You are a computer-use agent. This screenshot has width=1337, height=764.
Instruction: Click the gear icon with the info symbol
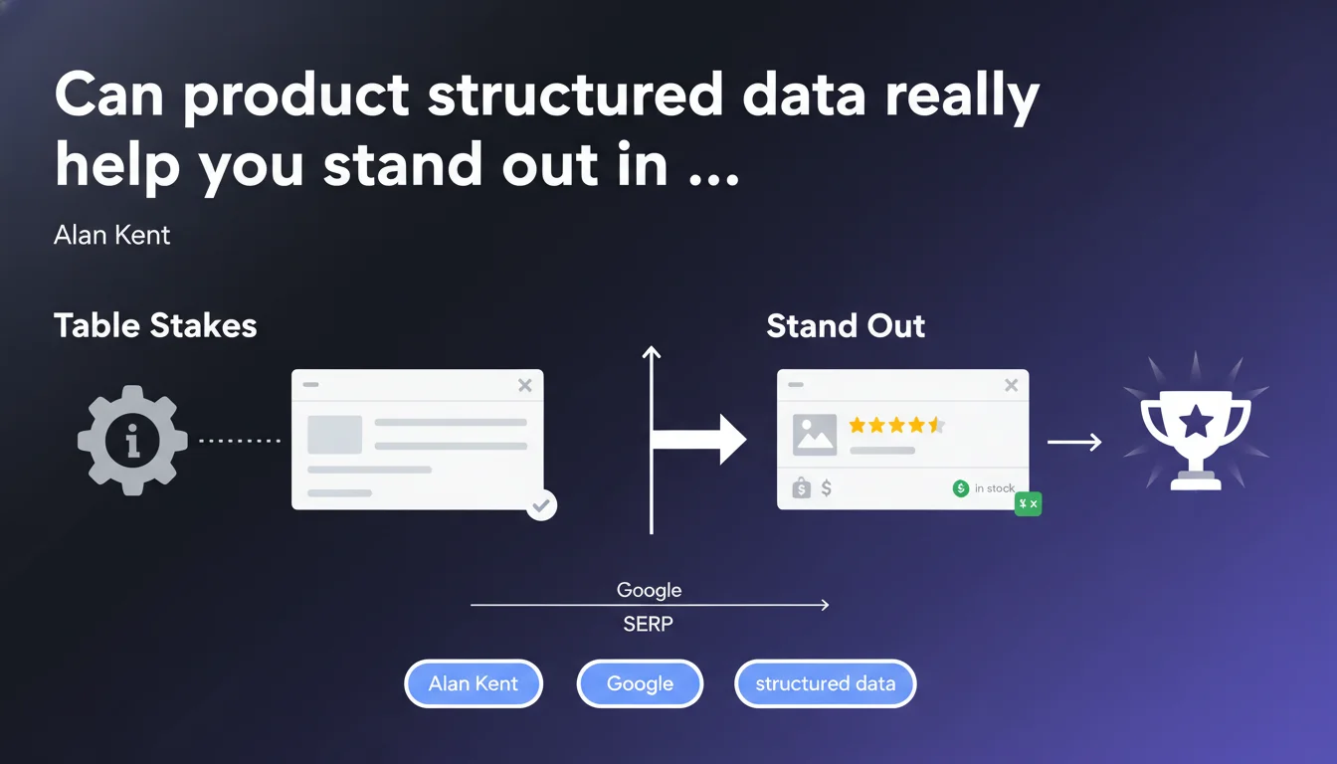(132, 441)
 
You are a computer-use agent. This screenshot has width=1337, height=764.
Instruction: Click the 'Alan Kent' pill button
(474, 683)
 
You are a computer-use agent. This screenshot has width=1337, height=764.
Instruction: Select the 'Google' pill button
(640, 683)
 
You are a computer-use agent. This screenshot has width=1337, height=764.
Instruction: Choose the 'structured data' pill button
(826, 683)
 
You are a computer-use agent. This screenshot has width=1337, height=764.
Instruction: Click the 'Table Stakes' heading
(155, 325)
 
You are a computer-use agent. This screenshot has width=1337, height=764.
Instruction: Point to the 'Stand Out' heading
(846, 326)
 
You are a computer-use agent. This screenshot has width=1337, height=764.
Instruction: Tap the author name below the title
(111, 235)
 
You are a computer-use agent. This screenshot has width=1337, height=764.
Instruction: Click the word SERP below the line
(649, 624)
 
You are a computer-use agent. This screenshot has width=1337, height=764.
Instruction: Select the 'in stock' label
(995, 488)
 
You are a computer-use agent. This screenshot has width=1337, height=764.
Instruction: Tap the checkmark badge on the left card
(541, 505)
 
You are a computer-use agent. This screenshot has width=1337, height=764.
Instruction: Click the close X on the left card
(525, 386)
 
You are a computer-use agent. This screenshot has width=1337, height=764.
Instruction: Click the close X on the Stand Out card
(1011, 386)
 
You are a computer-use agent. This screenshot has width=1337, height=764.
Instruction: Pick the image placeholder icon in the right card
(815, 435)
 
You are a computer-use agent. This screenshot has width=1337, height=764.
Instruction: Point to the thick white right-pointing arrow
(699, 440)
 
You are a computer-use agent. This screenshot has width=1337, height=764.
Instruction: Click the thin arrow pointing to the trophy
(1074, 442)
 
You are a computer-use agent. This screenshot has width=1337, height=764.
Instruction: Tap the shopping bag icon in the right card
(801, 488)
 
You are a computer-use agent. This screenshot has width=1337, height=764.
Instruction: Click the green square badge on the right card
(1029, 503)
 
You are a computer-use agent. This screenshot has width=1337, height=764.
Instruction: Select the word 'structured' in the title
(575, 95)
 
